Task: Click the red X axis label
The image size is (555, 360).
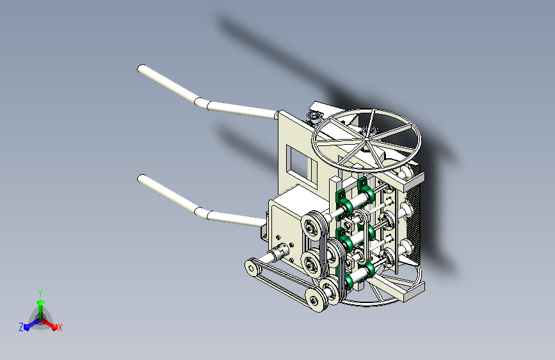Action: tap(60, 327)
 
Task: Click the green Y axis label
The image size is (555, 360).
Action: tap(40, 293)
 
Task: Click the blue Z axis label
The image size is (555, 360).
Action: tap(21, 327)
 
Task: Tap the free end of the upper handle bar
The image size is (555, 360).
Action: tap(141, 69)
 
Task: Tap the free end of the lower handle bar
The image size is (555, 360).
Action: tap(141, 178)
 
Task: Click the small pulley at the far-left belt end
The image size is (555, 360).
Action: tap(252, 268)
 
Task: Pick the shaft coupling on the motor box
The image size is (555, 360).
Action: tap(279, 252)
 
